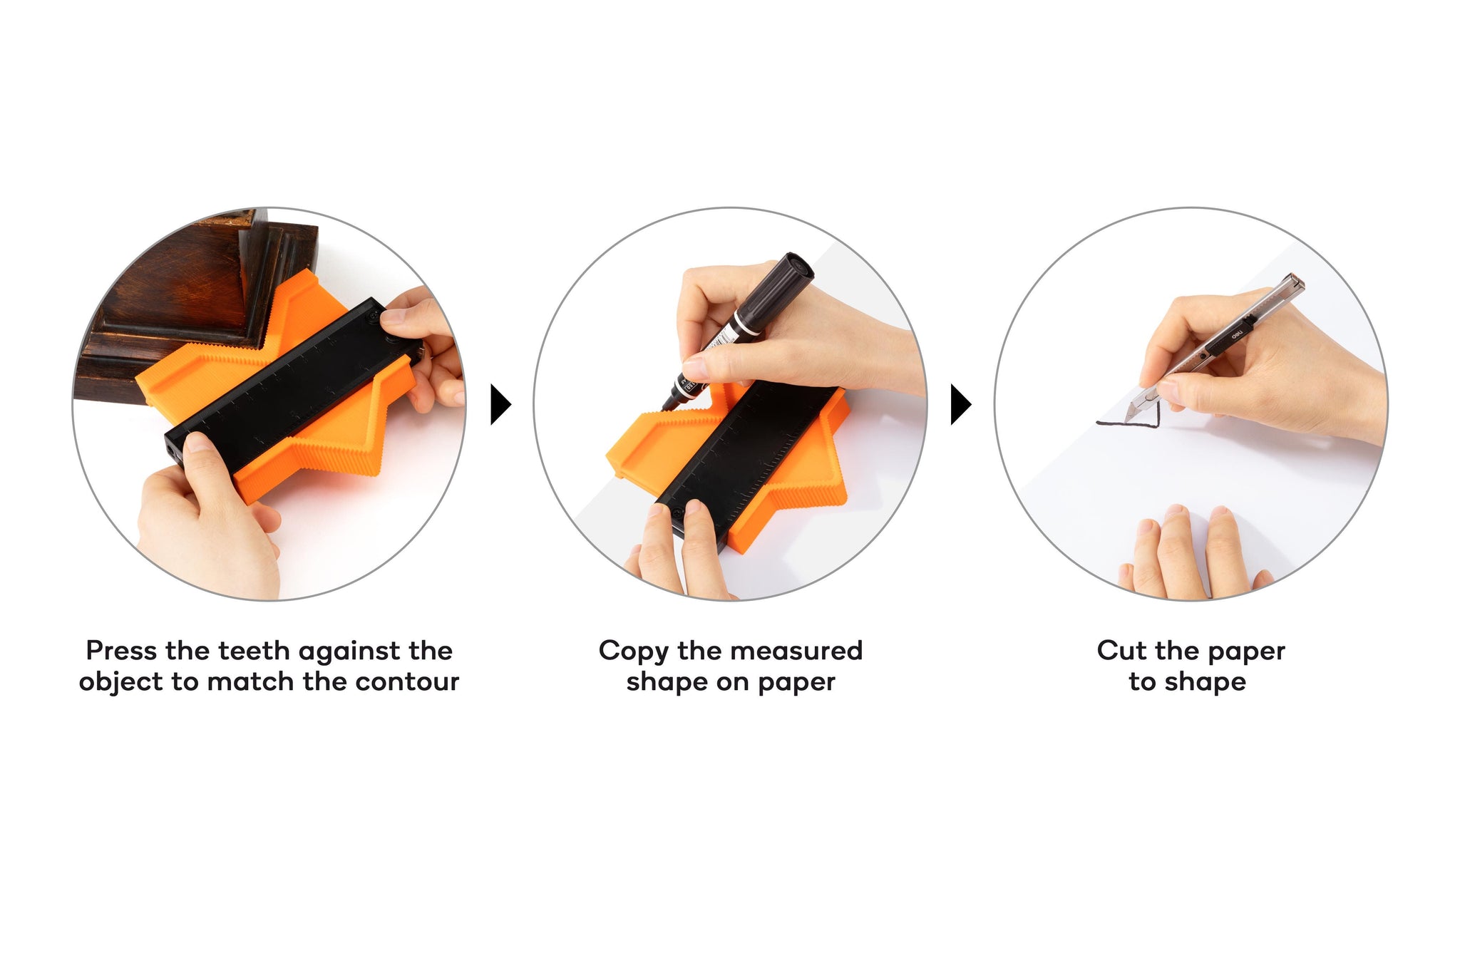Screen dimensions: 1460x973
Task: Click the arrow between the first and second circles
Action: click(x=500, y=405)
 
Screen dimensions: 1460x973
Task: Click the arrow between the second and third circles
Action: click(x=960, y=405)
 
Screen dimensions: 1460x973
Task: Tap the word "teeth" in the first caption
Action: click(x=254, y=651)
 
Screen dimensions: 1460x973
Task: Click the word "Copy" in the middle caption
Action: click(x=634, y=652)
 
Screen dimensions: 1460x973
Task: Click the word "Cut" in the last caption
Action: click(x=1122, y=651)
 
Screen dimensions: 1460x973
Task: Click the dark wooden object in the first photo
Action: click(x=200, y=299)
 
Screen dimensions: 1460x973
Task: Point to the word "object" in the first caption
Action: click(x=121, y=683)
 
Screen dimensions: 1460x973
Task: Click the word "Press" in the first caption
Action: click(x=121, y=651)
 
